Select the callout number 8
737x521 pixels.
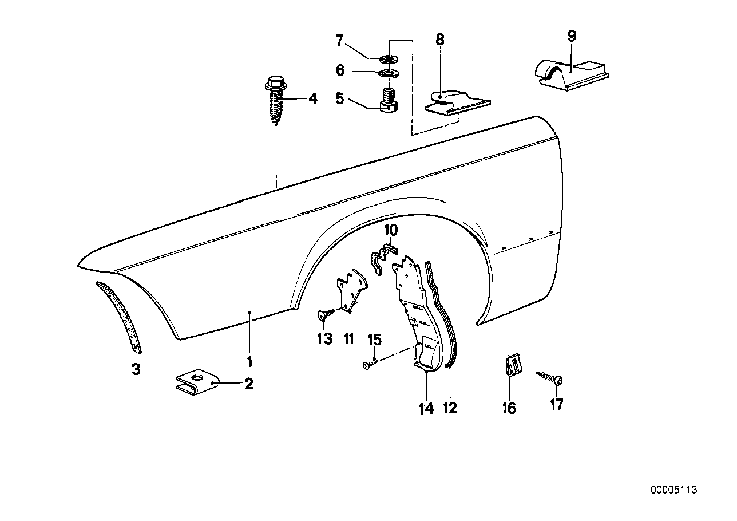439,40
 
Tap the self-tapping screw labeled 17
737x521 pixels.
550,378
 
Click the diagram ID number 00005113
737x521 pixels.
673,491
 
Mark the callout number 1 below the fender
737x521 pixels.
249,362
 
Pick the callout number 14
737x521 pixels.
426,408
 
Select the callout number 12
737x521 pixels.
450,408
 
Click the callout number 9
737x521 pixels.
572,35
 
